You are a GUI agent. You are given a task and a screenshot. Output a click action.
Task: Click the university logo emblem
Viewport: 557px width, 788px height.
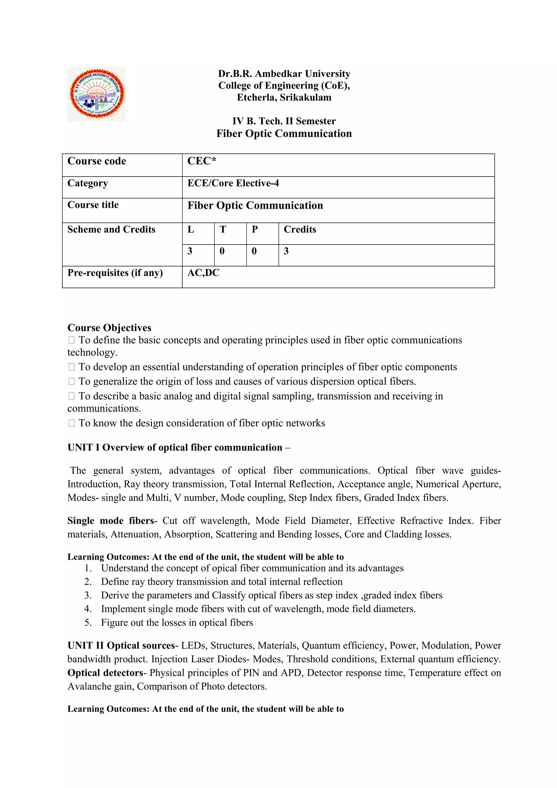[x=96, y=94]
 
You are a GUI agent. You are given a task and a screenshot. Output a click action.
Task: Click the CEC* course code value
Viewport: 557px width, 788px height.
[x=202, y=161]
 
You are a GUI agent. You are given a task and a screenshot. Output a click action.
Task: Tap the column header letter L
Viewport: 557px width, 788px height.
[x=191, y=229]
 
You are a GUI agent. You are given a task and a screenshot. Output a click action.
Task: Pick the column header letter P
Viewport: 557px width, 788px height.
[x=255, y=229]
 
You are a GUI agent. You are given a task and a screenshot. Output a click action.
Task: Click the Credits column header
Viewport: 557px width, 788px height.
[x=300, y=229]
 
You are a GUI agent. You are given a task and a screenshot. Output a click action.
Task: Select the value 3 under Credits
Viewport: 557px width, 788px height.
[x=286, y=251]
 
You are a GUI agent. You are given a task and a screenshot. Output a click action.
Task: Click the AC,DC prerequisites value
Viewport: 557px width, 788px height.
[x=203, y=273]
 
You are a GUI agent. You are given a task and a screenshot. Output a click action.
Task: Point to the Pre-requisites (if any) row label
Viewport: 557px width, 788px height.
[x=115, y=273]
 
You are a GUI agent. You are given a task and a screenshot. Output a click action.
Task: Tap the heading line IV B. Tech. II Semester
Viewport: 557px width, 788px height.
[x=284, y=121]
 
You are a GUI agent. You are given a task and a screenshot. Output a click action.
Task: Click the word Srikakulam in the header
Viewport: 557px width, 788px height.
[x=306, y=97]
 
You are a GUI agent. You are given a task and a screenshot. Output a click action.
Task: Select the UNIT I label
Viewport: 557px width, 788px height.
[x=83, y=448]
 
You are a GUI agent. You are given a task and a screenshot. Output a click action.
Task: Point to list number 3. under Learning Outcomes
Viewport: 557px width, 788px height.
[x=88, y=595]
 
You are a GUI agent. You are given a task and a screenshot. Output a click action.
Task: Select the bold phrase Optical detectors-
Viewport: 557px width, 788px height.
[x=107, y=673]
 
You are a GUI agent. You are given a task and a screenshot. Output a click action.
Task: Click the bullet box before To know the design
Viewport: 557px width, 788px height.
[x=71, y=423]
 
